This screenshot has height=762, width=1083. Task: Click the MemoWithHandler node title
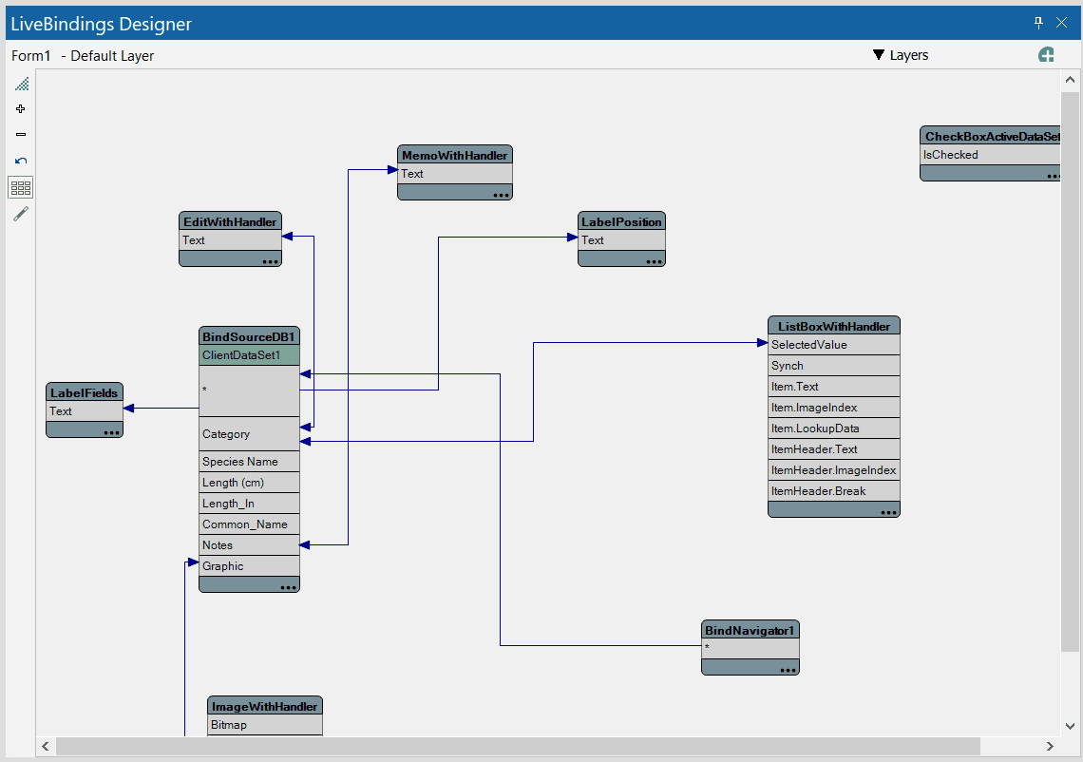[454, 155]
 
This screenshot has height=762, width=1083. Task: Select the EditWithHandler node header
[230, 221]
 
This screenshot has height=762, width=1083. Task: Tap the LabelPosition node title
[621, 221]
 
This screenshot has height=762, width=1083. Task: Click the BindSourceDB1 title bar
[249, 336]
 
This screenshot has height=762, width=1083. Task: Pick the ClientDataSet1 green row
[249, 355]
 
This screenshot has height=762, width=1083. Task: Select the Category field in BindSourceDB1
[249, 434]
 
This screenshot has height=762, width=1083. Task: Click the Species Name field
[249, 462]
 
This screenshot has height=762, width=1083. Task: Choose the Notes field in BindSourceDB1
[249, 545]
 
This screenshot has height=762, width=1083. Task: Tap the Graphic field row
[249, 566]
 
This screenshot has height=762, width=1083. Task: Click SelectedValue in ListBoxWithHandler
[833, 345]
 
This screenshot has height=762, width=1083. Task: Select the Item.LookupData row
[833, 429]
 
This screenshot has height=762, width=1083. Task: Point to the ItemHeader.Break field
[833, 491]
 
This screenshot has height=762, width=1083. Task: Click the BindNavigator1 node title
[750, 630]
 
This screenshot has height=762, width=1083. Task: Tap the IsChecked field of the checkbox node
[988, 155]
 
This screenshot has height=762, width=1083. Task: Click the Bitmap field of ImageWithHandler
[264, 725]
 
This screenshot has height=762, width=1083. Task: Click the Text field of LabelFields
[84, 411]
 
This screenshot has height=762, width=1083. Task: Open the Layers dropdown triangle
[878, 55]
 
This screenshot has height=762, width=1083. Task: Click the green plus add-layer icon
[1046, 55]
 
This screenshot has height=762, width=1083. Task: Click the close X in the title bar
[1061, 23]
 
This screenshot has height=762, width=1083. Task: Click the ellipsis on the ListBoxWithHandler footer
[888, 512]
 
